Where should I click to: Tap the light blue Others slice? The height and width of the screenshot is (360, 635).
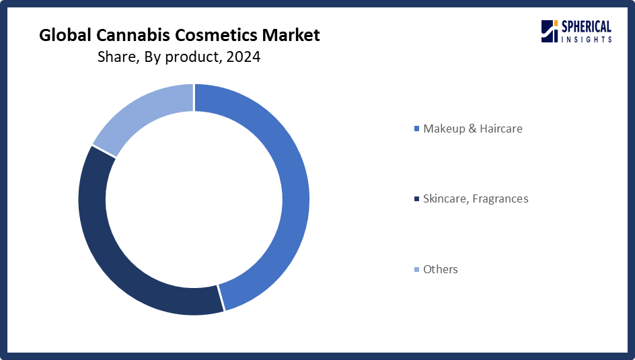tap(138, 109)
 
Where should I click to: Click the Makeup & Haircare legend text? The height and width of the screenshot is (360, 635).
tap(473, 129)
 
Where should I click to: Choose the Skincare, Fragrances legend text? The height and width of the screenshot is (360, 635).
tap(476, 199)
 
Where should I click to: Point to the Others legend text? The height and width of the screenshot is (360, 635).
tap(440, 269)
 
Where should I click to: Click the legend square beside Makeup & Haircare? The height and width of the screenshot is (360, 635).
tap(417, 129)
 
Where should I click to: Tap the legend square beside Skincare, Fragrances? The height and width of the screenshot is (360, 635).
tap(417, 199)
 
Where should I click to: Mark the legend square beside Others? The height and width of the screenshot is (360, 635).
tap(417, 270)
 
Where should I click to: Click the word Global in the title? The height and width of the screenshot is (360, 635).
tap(65, 35)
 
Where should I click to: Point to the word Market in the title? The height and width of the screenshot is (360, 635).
tap(291, 35)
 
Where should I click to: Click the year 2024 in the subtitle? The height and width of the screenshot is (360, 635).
tap(244, 57)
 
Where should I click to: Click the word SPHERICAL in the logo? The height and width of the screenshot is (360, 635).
tap(586, 27)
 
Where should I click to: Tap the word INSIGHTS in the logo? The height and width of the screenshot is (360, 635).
tap(586, 39)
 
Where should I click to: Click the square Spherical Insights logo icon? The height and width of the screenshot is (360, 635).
tap(550, 31)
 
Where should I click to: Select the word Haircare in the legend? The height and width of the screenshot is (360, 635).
tap(501, 129)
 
